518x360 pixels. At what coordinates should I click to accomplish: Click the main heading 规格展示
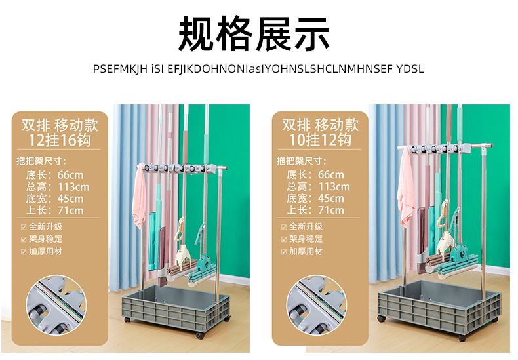[254, 34]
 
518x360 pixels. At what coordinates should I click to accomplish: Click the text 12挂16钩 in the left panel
[59, 140]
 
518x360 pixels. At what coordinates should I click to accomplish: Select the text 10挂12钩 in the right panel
[320, 140]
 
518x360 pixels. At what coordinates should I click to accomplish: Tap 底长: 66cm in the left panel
[55, 175]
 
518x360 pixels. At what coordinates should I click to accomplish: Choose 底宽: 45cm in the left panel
[55, 199]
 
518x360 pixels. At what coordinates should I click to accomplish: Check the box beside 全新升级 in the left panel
[24, 227]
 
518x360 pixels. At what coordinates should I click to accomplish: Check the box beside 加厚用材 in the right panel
[284, 252]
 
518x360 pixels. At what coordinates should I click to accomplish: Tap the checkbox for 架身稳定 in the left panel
[24, 239]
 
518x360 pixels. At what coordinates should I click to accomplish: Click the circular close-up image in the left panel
[56, 305]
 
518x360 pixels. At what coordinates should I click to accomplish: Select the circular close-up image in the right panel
[316, 305]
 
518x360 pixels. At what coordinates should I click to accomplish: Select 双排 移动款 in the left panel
[60, 125]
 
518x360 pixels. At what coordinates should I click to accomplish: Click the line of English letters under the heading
[258, 69]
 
